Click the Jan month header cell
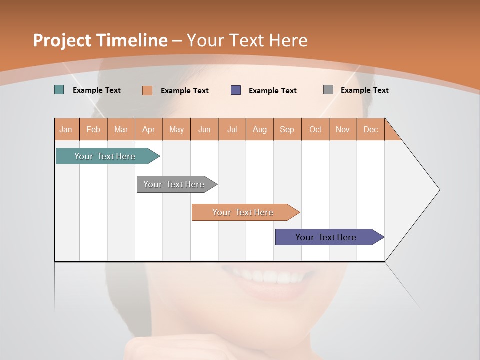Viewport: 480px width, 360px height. [x=66, y=129]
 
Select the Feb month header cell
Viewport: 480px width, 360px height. [x=93, y=129]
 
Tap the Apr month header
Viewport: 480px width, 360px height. [x=148, y=129]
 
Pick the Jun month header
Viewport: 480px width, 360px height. [x=204, y=129]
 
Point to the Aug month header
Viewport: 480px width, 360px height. [x=259, y=129]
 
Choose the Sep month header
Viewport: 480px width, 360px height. [x=287, y=129]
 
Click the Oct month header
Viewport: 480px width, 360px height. [x=315, y=129]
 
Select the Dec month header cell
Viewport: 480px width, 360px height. [x=370, y=129]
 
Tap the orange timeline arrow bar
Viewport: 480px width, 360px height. [x=243, y=212]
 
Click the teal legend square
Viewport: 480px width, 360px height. [x=59, y=90]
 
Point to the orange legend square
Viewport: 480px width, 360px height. [x=147, y=90]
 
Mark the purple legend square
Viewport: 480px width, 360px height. [x=236, y=90]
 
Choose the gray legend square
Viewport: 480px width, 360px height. [x=328, y=90]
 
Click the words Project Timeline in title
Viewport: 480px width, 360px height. [x=100, y=40]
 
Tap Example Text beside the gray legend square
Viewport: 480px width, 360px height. [x=364, y=90]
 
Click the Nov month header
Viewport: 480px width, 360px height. [x=343, y=129]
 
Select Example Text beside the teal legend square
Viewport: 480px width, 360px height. [x=97, y=90]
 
